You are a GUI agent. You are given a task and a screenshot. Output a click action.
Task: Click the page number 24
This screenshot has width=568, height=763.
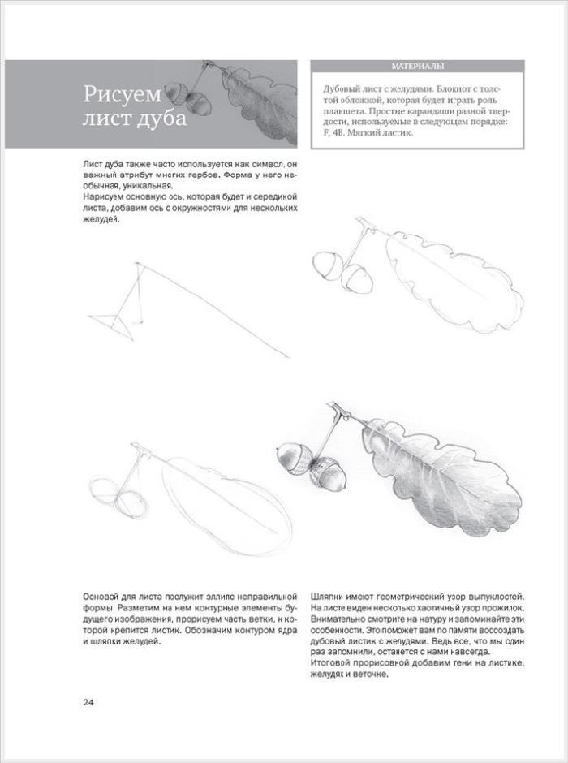click(x=89, y=702)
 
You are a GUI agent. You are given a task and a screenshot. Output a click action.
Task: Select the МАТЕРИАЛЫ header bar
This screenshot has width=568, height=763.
click(x=417, y=67)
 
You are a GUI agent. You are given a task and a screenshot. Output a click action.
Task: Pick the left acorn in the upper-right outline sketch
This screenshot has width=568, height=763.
click(x=326, y=267)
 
